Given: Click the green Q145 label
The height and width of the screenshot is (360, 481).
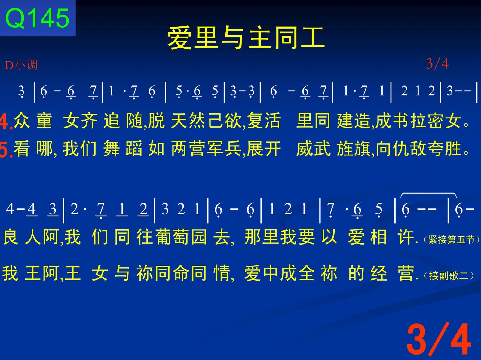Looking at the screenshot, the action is (37, 18).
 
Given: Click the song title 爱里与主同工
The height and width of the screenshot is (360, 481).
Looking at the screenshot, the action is (246, 38).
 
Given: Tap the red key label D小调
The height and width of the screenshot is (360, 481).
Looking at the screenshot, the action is (21, 65).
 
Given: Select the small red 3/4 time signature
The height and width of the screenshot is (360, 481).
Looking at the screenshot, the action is (437, 64).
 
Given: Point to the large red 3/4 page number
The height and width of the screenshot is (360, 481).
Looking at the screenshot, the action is (439, 339).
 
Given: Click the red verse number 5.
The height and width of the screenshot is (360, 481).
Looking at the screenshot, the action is (6, 149).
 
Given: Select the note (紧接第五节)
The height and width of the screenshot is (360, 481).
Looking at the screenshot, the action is (451, 240).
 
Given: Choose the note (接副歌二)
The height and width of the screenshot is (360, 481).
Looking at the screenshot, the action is (448, 276).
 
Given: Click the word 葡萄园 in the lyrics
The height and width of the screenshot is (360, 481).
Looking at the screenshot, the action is (172, 237).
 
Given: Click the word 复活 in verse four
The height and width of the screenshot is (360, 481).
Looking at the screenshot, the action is (264, 121).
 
